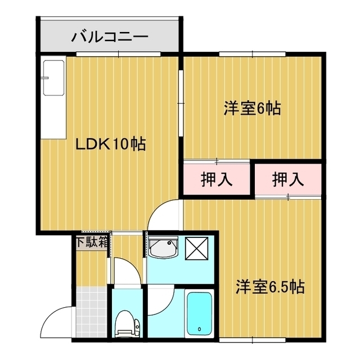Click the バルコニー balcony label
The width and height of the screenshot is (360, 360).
(x=110, y=38)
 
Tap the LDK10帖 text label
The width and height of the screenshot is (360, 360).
(x=111, y=145)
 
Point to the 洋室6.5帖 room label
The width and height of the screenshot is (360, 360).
(x=270, y=287)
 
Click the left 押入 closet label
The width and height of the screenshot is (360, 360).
(x=217, y=180)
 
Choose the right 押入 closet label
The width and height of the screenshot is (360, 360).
(x=288, y=180)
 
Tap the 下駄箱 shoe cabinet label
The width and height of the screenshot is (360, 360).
(x=92, y=243)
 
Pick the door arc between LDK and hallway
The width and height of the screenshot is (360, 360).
(x=168, y=217)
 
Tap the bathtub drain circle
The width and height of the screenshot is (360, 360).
(x=199, y=328)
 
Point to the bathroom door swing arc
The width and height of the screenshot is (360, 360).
(x=163, y=298)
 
